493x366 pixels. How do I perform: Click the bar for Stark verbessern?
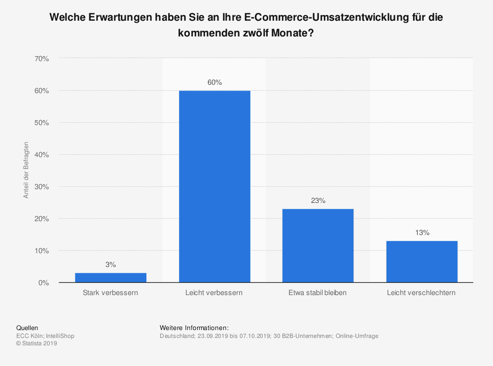(110, 278)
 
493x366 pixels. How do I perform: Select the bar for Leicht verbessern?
(214, 187)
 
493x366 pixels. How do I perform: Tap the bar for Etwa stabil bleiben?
(318, 246)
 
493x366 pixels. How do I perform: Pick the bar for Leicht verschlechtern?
(422, 262)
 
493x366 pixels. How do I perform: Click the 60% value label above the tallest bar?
(214, 83)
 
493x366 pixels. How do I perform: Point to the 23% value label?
(318, 201)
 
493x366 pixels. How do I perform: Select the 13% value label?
(422, 233)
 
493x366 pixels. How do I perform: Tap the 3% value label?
(110, 265)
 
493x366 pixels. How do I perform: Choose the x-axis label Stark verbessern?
(110, 293)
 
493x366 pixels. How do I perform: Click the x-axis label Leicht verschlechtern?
(422, 293)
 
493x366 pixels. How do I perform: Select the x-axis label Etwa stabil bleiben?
(318, 293)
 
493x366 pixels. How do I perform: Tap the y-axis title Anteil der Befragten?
(26, 170)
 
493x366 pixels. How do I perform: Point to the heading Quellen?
(27, 328)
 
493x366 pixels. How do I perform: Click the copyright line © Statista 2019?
(37, 344)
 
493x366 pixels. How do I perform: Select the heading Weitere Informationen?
(194, 328)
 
